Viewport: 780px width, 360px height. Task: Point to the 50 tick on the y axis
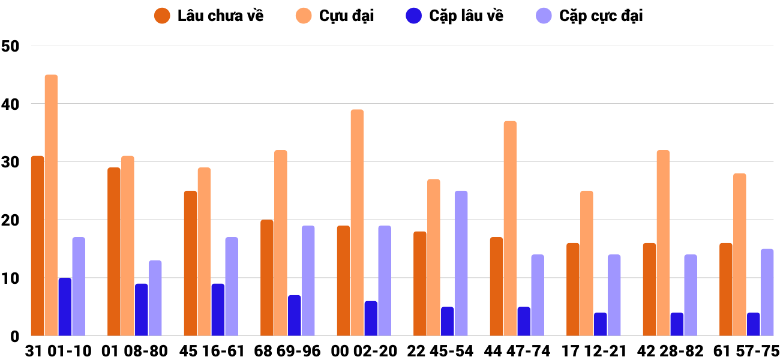click(x=11, y=46)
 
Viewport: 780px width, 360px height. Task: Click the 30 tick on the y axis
click(x=11, y=162)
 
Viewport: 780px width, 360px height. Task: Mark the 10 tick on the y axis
click(x=11, y=278)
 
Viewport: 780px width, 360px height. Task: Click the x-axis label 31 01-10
click(x=58, y=350)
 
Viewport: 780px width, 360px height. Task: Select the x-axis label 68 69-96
click(x=287, y=350)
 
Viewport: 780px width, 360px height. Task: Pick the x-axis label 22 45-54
click(x=440, y=350)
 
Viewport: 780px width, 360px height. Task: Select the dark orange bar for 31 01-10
click(x=37, y=246)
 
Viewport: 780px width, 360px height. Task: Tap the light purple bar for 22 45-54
click(x=461, y=263)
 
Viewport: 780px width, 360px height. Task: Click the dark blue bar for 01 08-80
click(x=141, y=310)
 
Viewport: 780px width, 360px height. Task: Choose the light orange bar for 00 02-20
click(x=357, y=223)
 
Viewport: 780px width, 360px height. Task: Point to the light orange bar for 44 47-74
click(x=510, y=229)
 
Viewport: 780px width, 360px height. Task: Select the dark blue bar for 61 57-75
click(x=753, y=324)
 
